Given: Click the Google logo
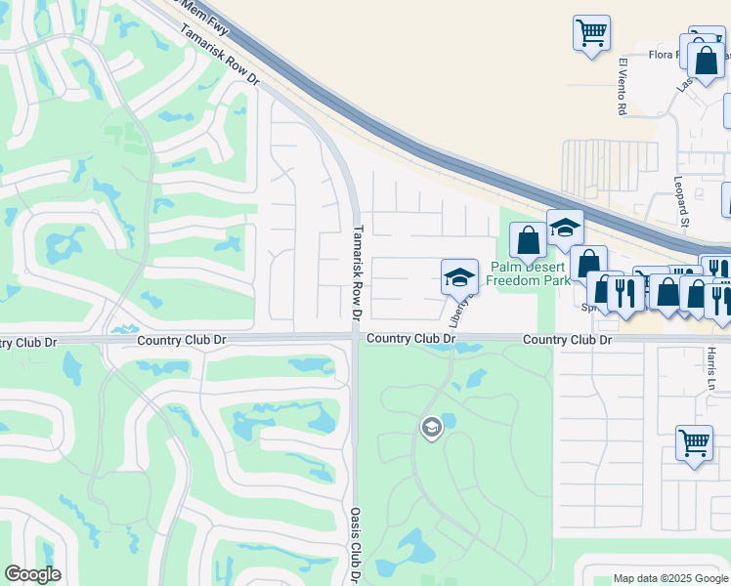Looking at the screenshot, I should point(33,574).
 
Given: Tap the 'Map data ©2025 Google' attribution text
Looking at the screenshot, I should point(669,578).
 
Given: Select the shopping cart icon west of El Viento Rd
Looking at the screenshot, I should point(591,34).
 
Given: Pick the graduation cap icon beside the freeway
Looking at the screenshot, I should point(564,228).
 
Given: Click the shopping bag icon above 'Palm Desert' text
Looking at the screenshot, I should point(528,240).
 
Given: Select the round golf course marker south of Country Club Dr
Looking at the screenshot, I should point(430,427).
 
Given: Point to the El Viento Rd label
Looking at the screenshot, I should point(622,88).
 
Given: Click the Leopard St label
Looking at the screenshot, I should point(681,201).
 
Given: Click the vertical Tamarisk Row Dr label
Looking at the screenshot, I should point(357,273).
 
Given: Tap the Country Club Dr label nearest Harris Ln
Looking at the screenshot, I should point(567,340).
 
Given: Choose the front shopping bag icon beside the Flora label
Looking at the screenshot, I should point(705,61).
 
